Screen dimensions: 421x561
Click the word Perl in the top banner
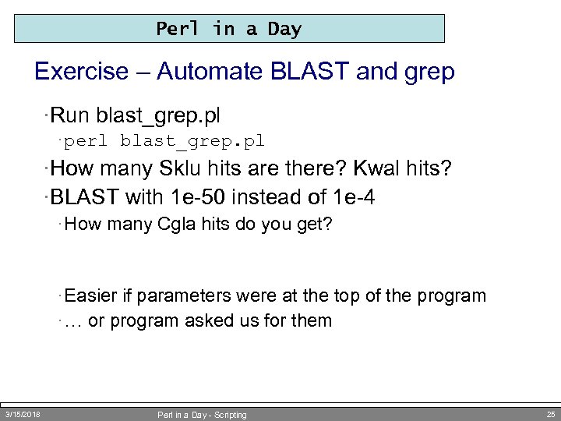(178, 29)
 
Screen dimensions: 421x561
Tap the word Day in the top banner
(284, 29)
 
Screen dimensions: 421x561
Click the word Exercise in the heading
(81, 72)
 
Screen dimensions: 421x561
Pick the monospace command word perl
(86, 141)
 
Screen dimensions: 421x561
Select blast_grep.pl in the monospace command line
(192, 141)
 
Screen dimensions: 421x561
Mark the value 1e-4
(352, 197)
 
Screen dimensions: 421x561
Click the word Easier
(90, 296)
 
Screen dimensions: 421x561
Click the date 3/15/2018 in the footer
(23, 414)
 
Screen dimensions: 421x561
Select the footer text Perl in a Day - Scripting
(202, 415)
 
